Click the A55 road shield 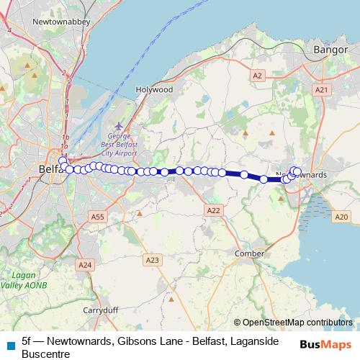pos(99,216)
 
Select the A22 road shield pos(213,210)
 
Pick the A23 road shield pos(152,259)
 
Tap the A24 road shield pos(86,265)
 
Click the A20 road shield pos(341,216)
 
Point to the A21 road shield pos(322,89)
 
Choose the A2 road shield pos(258,75)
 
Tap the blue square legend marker pos(11,343)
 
